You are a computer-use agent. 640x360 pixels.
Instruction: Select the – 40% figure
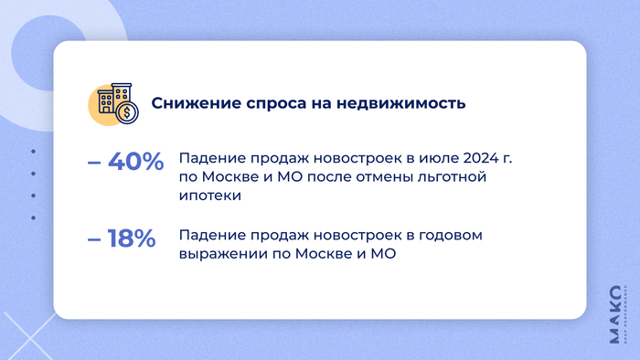pyautogui.click(x=125, y=162)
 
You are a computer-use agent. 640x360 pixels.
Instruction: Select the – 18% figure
pyautogui.click(x=122, y=239)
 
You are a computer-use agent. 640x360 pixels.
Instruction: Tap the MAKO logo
pyautogui.click(x=614, y=316)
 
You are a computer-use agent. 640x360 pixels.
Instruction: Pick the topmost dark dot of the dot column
pyautogui.click(x=33, y=151)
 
